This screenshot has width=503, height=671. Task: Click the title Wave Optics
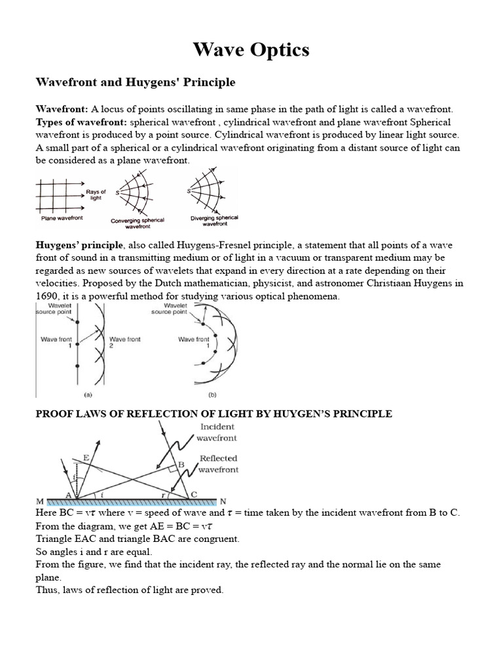251,50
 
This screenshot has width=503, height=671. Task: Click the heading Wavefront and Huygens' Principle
134,83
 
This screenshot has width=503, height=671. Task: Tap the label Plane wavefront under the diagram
62,218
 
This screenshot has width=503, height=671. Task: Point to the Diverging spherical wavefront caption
214,220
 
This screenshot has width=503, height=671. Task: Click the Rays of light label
96,195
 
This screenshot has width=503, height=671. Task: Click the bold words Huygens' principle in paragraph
79,244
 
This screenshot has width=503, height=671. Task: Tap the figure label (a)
87,395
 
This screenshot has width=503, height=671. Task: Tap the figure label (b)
212,395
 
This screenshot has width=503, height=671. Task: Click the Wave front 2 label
125,342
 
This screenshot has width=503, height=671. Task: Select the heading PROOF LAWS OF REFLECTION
214,413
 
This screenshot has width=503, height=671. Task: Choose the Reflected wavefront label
219,464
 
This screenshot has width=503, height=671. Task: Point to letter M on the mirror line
39,501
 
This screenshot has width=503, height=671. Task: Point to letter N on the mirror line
223,501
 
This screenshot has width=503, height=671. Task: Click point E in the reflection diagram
86,459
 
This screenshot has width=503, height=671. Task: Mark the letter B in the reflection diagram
182,464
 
